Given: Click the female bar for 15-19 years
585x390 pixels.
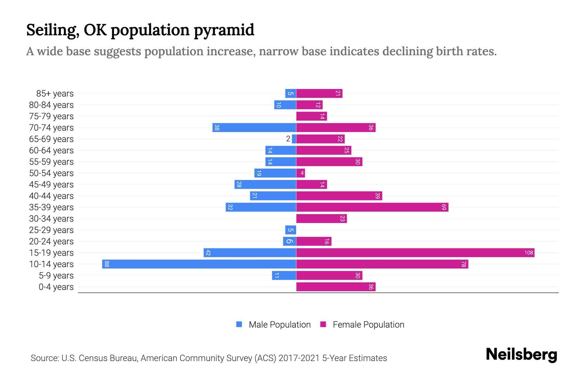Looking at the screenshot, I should (415, 253).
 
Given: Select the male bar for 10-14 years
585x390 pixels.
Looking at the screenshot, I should (199, 264).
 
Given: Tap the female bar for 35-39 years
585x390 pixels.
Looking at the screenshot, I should (372, 207).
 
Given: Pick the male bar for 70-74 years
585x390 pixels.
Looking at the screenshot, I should (254, 127).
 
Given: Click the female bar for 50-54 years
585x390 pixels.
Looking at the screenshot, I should (300, 173).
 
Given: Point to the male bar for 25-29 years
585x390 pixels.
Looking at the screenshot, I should (291, 230).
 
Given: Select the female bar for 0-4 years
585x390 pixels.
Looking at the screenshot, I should (336, 287).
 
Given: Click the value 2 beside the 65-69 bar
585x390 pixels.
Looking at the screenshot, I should (288, 139).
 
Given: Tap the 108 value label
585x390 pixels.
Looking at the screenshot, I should (528, 253).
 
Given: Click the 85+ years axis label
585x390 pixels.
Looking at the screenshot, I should (55, 94).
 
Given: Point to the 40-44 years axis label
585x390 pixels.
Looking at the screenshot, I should (51, 196).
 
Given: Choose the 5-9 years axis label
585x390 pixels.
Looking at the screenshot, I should (56, 276).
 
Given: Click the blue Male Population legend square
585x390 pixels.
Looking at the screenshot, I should (239, 324).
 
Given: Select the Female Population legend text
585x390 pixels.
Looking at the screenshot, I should (368, 324).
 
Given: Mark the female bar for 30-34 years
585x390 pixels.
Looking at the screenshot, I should (321, 218).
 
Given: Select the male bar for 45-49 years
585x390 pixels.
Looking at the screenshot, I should (265, 184).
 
